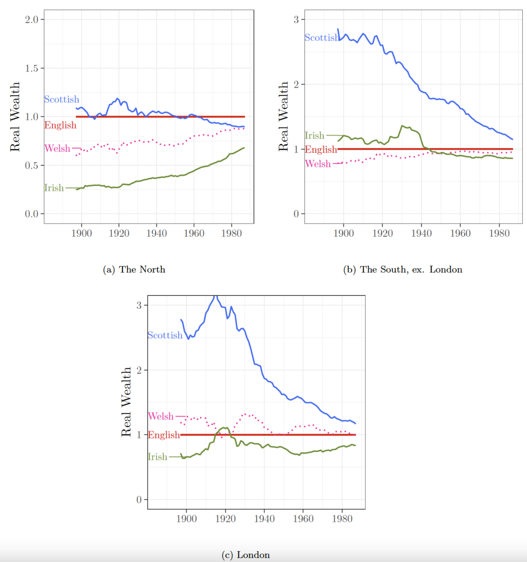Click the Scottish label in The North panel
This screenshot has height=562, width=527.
point(61,99)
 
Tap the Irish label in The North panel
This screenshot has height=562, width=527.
point(54,188)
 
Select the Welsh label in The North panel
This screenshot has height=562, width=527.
point(57,148)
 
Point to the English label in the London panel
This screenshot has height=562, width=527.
point(164,435)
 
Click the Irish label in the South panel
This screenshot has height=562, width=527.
point(314,136)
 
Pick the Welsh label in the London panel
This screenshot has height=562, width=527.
point(161,416)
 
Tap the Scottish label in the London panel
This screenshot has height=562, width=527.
point(165,335)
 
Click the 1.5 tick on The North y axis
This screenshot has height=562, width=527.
point(31,68)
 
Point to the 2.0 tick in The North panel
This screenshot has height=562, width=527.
point(31,19)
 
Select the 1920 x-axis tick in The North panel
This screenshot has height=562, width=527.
point(119,233)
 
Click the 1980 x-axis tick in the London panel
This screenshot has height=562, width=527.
point(342,519)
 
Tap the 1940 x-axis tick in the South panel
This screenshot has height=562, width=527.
point(421,233)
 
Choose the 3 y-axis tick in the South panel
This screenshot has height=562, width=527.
point(296,19)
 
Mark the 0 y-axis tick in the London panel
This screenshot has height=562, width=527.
point(139,500)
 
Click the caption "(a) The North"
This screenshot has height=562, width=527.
point(134,269)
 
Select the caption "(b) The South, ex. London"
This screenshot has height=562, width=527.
point(402,269)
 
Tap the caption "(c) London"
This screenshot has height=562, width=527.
point(245,555)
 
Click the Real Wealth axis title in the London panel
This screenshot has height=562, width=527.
point(126,402)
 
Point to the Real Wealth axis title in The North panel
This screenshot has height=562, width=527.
point(15,117)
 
